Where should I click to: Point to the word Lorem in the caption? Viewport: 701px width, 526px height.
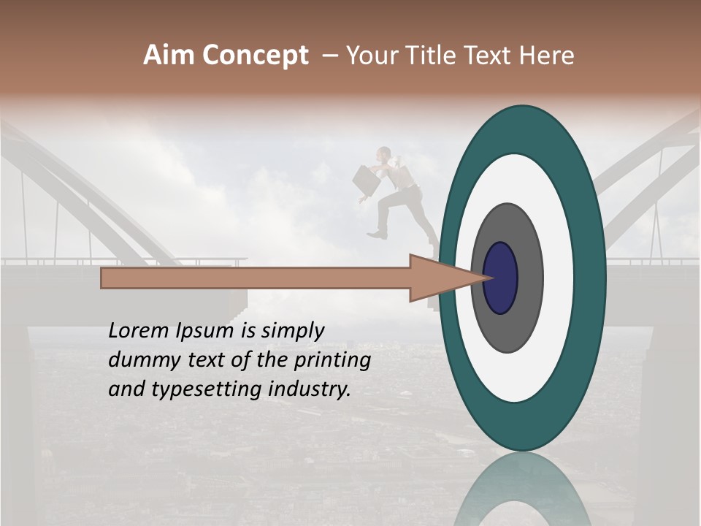click(137, 331)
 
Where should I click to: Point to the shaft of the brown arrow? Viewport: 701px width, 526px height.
click(256, 278)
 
